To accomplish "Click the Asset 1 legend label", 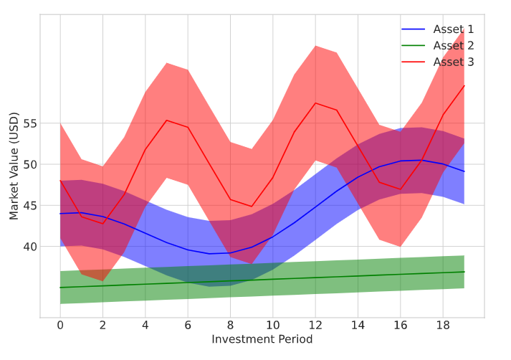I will (x=453, y=29).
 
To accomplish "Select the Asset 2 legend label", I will (x=453, y=46).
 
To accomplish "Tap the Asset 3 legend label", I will (x=453, y=62).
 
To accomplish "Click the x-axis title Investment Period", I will (x=262, y=339).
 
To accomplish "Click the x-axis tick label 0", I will (x=60, y=325).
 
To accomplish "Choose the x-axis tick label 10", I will (x=273, y=325).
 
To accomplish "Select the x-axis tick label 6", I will (x=188, y=325).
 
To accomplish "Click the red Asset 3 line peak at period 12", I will (x=315, y=103).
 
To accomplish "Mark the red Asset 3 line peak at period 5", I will (x=166, y=120).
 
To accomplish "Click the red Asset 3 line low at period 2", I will (x=102, y=223).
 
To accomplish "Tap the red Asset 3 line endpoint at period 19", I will (x=464, y=85).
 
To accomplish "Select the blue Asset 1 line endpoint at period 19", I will (x=464, y=171).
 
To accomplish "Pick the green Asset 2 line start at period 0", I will (x=60, y=288).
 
